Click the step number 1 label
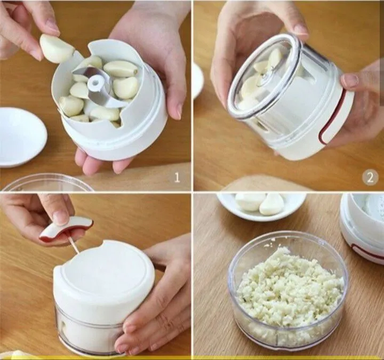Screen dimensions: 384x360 (177, 177)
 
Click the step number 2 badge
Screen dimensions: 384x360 (370, 177)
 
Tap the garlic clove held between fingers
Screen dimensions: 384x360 (57, 49)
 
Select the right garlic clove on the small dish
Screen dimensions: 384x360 (273, 204)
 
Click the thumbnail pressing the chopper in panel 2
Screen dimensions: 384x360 (351, 81)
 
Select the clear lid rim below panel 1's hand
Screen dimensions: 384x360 (46, 182)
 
